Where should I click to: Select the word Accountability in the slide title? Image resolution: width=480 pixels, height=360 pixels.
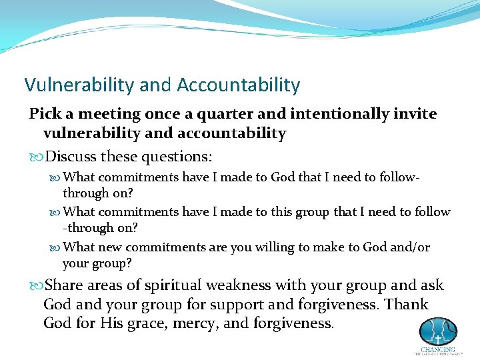(238, 85)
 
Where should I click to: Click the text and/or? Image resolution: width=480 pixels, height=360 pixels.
(411, 247)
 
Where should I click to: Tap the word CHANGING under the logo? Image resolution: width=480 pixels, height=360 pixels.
(438, 349)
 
